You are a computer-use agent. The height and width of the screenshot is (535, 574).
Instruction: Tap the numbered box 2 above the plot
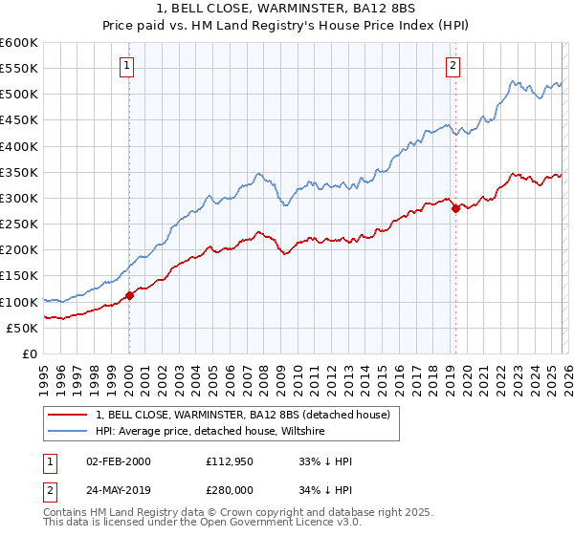click(453, 66)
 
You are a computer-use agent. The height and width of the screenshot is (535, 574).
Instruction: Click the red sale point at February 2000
click(130, 295)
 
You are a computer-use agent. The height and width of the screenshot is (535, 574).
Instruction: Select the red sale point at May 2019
click(455, 208)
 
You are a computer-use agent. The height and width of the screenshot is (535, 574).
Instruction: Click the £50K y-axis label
click(23, 328)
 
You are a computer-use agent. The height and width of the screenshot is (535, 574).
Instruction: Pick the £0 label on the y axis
click(30, 353)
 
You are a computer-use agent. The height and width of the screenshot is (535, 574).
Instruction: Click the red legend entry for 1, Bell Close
click(242, 416)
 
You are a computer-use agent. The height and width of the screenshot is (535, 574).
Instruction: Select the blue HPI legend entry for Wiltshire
click(210, 432)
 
